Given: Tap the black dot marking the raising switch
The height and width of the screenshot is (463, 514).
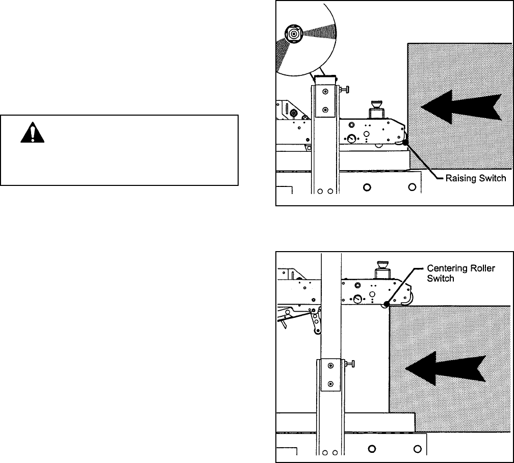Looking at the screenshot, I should [405, 143].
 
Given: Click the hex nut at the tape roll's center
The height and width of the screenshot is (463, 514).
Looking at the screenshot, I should [294, 33].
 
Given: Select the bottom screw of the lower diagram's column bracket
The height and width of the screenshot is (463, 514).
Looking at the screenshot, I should [330, 383].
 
